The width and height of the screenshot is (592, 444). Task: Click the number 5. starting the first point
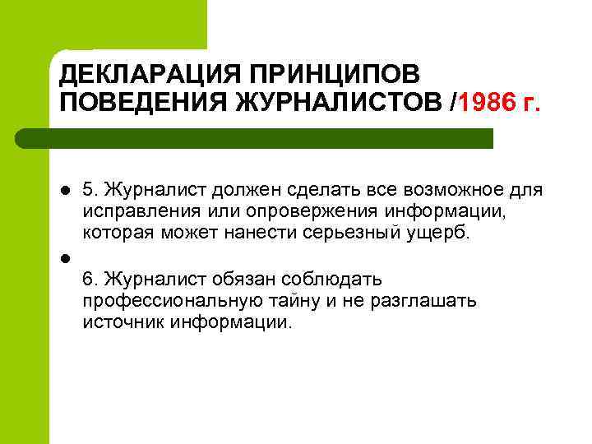tap(90, 191)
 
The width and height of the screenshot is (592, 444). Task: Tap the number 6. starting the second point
tap(90, 279)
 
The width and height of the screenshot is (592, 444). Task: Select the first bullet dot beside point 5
tap(65, 191)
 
